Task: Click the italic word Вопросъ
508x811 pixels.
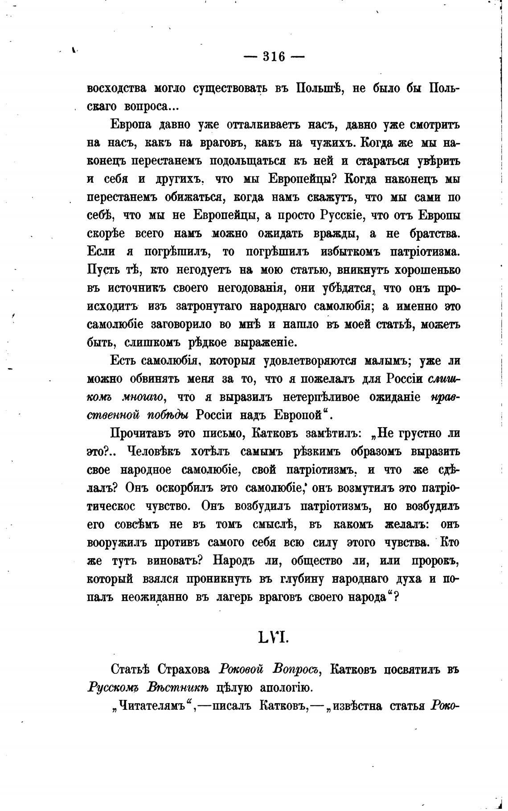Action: click(294, 670)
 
